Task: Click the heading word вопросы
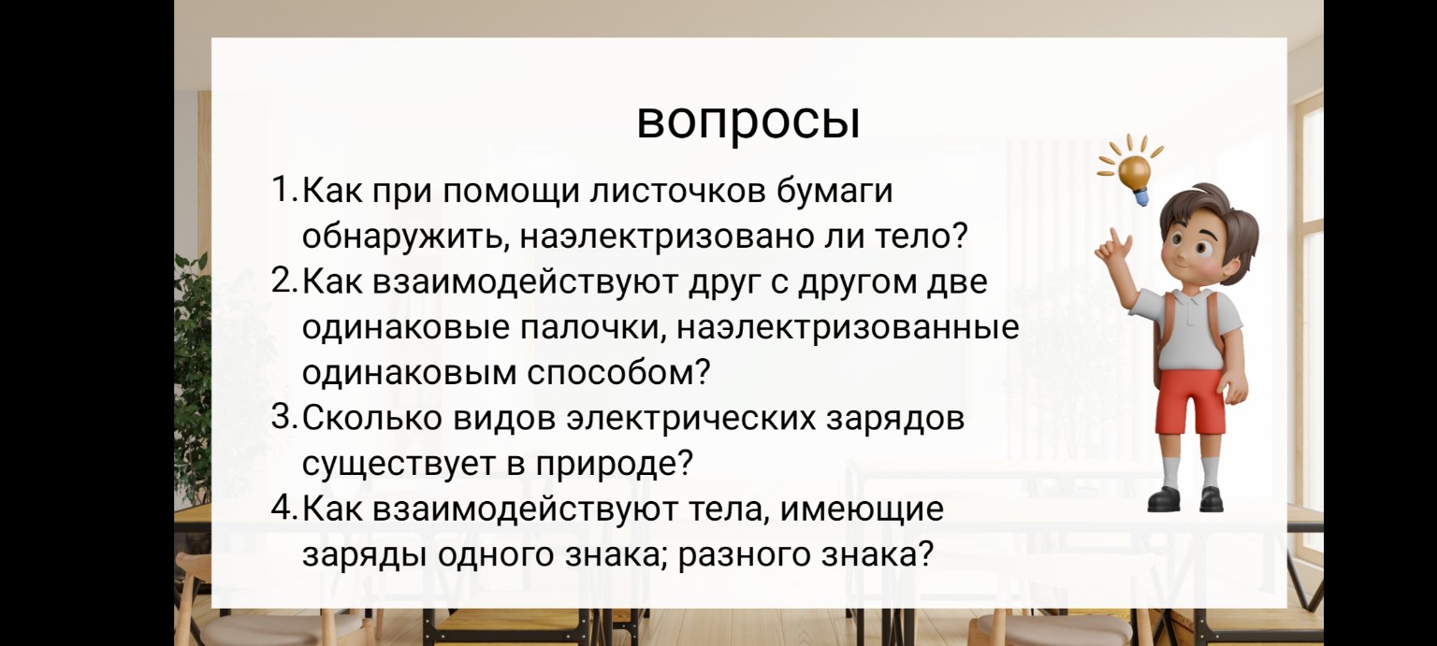click(x=748, y=122)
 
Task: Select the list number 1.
click(x=283, y=192)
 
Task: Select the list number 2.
click(x=283, y=281)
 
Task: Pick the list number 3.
click(x=283, y=417)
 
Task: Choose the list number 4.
click(x=283, y=509)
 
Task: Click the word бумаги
click(x=835, y=192)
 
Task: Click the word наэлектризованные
click(x=847, y=328)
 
